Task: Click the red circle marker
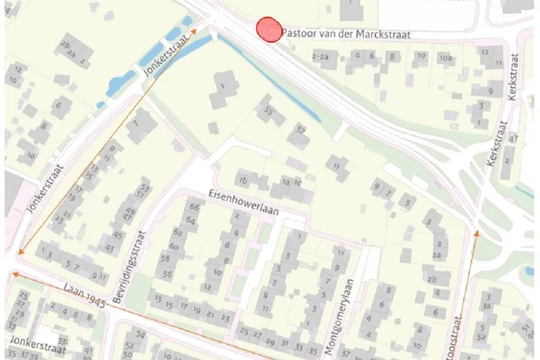(x=268, y=29)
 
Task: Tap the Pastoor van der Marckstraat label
(x=346, y=35)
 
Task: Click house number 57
(x=301, y=130)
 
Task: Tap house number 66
(x=193, y=207)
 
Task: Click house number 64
(x=191, y=220)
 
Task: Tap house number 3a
(x=487, y=305)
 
